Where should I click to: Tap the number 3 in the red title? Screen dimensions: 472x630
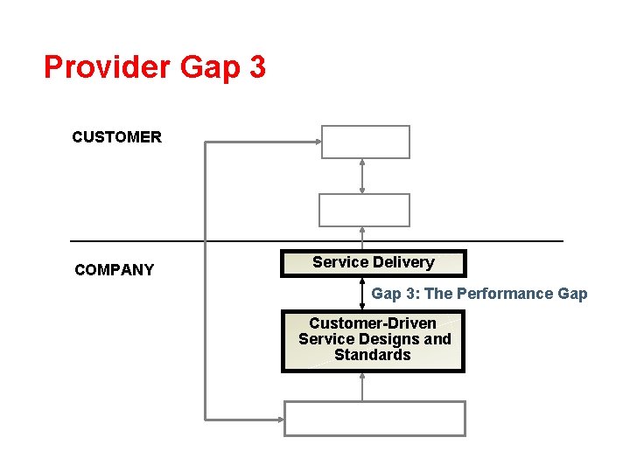tap(256, 67)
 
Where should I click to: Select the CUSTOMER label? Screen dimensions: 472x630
tap(116, 137)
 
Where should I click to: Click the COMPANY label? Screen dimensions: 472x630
tap(114, 270)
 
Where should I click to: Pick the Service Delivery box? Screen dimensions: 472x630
tap(373, 263)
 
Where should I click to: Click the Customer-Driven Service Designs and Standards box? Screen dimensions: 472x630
tap(373, 340)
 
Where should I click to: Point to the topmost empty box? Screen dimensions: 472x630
tap(365, 142)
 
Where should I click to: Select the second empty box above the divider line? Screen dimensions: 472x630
tap(363, 210)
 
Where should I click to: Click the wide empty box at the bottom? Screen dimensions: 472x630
tap(374, 419)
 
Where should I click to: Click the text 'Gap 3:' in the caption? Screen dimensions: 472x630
tap(395, 294)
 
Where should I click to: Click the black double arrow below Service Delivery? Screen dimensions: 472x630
tap(362, 294)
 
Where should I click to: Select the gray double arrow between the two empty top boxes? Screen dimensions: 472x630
tap(362, 176)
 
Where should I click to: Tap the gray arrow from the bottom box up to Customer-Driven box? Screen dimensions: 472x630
tap(362, 386)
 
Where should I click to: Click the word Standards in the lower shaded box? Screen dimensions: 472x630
tap(373, 355)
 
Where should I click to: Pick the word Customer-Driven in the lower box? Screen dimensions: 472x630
tap(373, 323)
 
